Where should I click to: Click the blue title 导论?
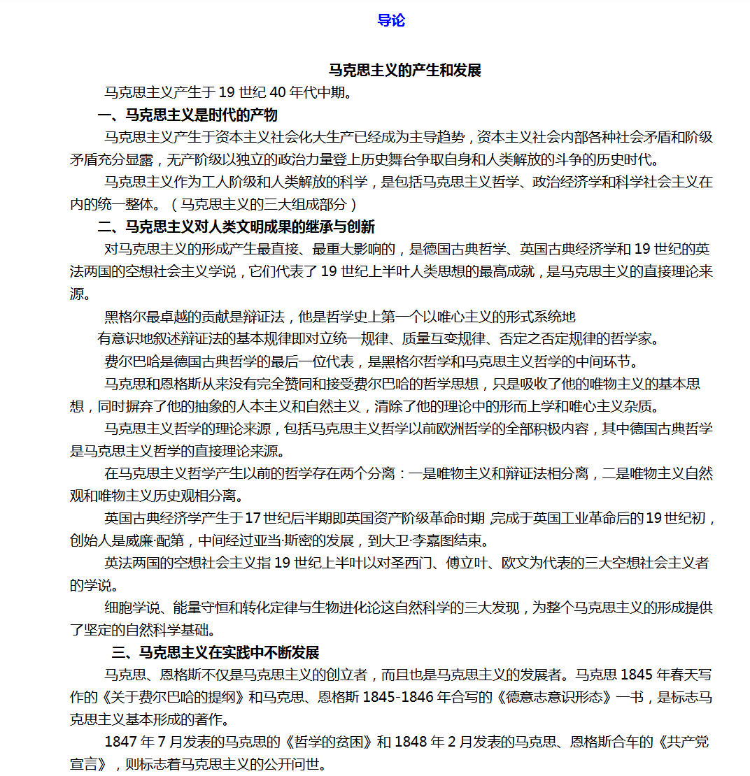point(391,20)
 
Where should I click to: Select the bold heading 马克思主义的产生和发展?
point(405,70)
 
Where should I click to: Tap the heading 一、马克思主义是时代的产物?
point(187,115)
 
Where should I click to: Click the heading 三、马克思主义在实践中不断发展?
point(215,652)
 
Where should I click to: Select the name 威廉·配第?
point(158,540)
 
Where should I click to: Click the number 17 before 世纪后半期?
point(252,518)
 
